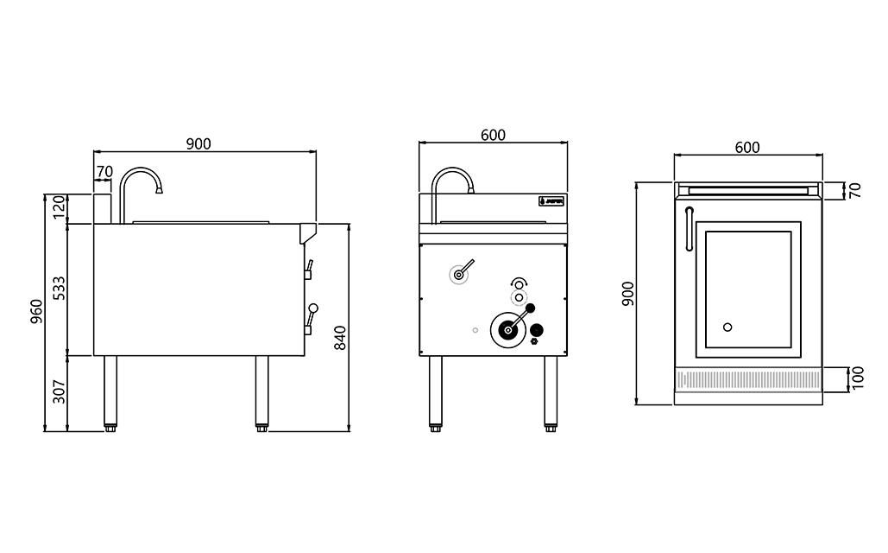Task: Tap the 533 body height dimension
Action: tap(59, 288)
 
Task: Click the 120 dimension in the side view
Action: tap(59, 208)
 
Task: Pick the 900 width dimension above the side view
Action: tap(198, 143)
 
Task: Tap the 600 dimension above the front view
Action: tap(493, 135)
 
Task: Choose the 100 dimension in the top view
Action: tap(857, 378)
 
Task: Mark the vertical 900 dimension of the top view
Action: tap(627, 293)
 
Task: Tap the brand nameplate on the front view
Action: tap(551, 201)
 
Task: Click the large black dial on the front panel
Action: tap(508, 329)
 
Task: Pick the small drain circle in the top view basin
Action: tap(727, 327)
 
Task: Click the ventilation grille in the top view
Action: tap(748, 378)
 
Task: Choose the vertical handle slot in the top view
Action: tap(688, 229)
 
